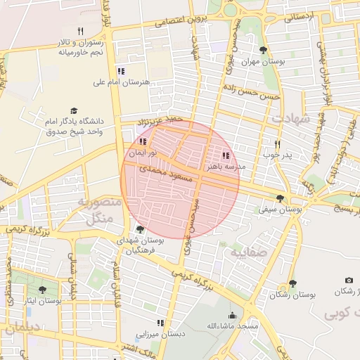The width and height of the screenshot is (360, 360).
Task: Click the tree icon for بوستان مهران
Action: tap(263, 50)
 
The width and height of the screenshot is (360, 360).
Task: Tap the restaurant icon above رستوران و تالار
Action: tap(81, 31)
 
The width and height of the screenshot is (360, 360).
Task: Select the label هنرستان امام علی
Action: tap(122, 82)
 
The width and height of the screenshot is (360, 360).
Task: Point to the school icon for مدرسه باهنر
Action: tap(225, 155)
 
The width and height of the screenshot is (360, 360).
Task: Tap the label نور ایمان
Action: tap(142, 152)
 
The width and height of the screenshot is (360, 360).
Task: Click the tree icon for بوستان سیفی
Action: tap(281, 198)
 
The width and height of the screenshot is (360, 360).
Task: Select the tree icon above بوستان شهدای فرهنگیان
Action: tap(139, 229)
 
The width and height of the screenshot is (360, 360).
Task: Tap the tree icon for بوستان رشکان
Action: tap(292, 283)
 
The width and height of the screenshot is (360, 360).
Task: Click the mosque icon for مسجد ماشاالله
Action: tap(233, 316)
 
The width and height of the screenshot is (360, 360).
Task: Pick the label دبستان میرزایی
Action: tap(162, 334)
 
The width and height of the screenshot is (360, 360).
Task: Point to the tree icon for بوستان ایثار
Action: tap(42, 290)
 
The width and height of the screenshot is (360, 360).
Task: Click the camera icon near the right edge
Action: tap(349, 281)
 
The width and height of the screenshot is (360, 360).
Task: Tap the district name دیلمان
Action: tap(21, 328)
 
